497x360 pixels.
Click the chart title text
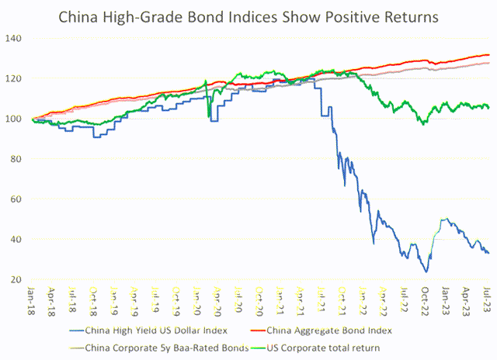248,16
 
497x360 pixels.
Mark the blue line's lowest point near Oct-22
426,272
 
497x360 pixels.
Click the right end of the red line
489,55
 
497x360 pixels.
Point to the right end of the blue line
488,253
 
